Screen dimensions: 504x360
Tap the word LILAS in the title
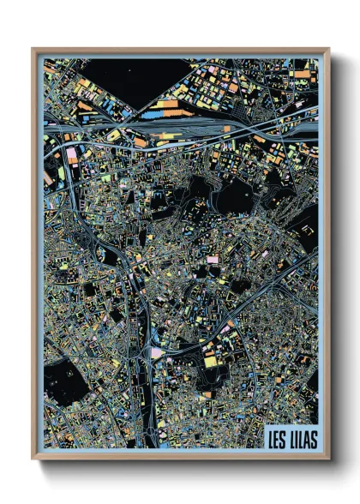(301, 437)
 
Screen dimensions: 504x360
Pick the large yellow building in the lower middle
(210, 361)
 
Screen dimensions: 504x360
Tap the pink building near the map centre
(212, 259)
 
